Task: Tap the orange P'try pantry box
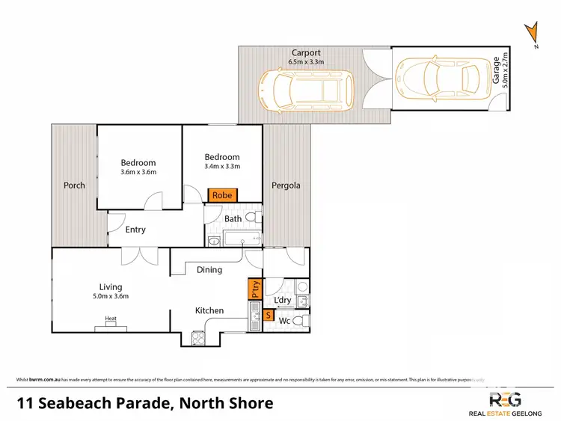253,289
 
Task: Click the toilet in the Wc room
299,321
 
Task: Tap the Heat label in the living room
111,319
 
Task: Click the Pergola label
286,185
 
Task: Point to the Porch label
74,185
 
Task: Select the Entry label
135,230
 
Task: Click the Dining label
209,270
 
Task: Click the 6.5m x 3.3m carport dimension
306,62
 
